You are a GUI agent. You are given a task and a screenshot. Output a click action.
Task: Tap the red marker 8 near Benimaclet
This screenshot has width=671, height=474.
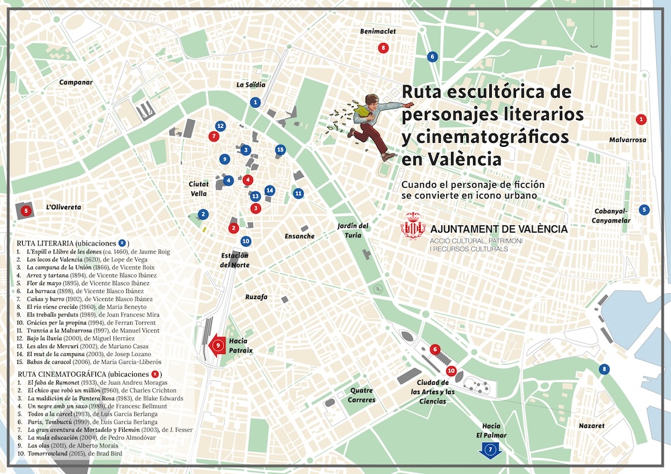click(x=383, y=48)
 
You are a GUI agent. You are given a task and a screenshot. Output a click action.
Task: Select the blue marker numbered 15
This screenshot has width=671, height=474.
click(x=280, y=150)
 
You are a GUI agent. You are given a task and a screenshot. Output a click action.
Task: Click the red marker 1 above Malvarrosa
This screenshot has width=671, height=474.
click(x=641, y=119)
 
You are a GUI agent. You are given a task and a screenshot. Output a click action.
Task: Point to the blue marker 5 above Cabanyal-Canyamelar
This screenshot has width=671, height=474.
click(x=644, y=209)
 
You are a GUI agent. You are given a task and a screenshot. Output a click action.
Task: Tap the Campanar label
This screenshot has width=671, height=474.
click(x=75, y=82)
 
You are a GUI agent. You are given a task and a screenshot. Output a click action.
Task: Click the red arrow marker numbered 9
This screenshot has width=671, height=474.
click(x=218, y=346)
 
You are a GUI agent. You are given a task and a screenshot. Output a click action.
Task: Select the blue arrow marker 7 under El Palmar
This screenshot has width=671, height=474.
click(x=491, y=449)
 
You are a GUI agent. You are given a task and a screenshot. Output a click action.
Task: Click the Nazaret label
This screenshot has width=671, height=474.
click(x=591, y=426)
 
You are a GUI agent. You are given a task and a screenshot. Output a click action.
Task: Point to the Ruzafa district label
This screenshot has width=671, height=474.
click(x=256, y=296)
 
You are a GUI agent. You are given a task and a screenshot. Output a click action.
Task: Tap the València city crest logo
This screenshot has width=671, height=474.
click(x=413, y=227)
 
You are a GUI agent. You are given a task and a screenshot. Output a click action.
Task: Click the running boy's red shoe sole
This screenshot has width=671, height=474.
click(x=389, y=156)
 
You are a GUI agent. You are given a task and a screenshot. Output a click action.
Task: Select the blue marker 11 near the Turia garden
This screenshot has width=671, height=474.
click(x=299, y=193)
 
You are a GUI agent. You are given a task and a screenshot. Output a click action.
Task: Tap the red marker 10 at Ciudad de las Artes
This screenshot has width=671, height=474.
click(x=451, y=370)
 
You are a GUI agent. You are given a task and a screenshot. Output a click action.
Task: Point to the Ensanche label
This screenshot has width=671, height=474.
click(x=299, y=236)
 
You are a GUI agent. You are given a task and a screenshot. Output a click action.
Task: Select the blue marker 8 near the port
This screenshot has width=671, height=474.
click(x=605, y=369)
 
